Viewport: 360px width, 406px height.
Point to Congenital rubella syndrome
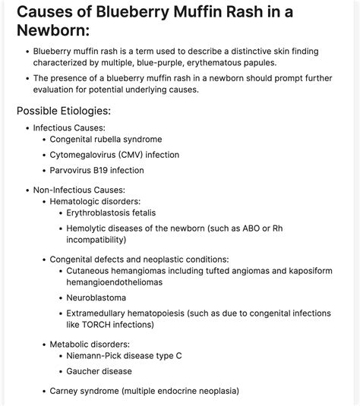(106, 140)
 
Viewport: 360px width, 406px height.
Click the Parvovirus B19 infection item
(96, 170)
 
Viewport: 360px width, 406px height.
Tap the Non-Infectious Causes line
(79, 190)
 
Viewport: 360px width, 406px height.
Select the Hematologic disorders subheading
(95, 201)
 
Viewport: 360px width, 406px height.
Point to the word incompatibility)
(96, 240)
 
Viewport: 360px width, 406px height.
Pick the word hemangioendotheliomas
(114, 282)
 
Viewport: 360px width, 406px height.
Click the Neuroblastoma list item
(96, 297)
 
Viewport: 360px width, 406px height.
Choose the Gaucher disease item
(99, 371)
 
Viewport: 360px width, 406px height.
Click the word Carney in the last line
(65, 391)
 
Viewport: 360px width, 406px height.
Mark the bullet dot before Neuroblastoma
(59, 297)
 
